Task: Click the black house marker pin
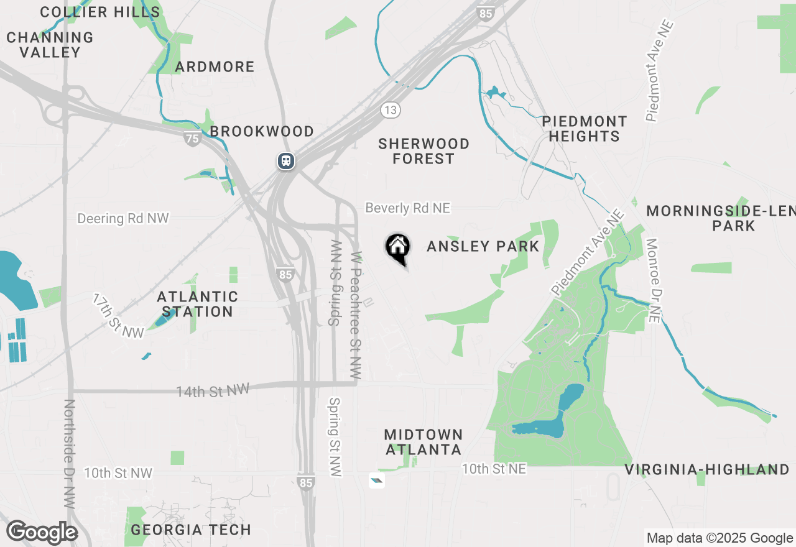click(x=398, y=247)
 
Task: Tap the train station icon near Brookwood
click(x=286, y=161)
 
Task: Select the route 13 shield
click(x=391, y=110)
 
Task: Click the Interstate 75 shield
click(x=193, y=139)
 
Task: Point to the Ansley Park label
click(x=483, y=247)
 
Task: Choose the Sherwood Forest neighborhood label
click(x=424, y=151)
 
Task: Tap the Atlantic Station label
click(x=197, y=304)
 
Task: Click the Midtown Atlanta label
click(x=423, y=441)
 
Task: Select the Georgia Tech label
click(x=192, y=530)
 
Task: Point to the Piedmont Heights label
click(x=585, y=129)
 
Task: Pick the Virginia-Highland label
click(x=707, y=469)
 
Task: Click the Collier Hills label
click(x=100, y=12)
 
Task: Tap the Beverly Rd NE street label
click(x=407, y=208)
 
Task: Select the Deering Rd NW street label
click(x=123, y=219)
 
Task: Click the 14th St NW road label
click(x=213, y=390)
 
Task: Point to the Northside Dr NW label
click(x=69, y=454)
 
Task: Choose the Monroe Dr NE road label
click(x=652, y=280)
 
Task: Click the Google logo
click(x=42, y=532)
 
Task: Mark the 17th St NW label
click(x=118, y=316)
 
